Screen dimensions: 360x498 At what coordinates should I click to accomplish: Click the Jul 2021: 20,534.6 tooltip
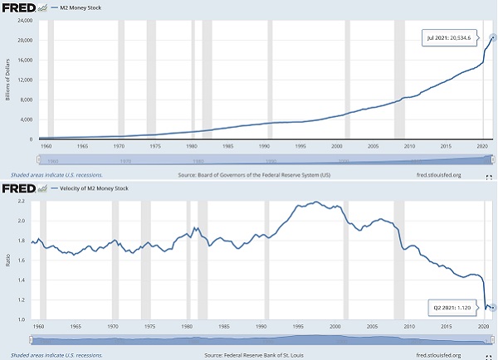449,38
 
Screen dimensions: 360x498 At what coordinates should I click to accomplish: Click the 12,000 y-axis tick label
24,80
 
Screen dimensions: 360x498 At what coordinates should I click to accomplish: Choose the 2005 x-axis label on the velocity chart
372,327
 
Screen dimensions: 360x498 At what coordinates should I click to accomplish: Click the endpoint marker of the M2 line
493,37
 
